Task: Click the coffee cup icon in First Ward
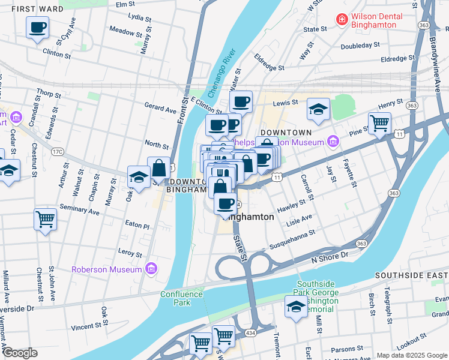coord(37,27)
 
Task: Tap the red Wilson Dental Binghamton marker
coord(342,20)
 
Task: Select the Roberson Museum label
coord(106,269)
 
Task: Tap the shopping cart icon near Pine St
coord(379,123)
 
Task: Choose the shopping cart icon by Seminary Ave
coord(45,219)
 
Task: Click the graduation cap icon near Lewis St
coord(319,109)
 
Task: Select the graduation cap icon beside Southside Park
coord(295,307)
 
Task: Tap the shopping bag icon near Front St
coord(159,168)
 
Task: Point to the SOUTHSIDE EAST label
coord(411,275)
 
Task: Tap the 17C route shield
coord(58,152)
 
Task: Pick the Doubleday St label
coord(360,45)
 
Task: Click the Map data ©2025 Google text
coord(412,355)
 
